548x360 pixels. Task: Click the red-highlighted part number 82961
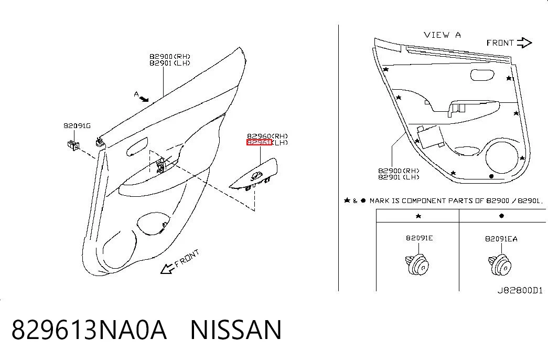click(259, 142)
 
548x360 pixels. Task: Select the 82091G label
click(77, 125)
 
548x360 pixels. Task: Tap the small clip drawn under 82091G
click(73, 144)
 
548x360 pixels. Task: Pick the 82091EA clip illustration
click(500, 265)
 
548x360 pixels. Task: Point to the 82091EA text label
click(501, 239)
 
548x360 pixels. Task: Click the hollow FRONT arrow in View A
click(524, 43)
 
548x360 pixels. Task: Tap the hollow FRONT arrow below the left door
click(167, 269)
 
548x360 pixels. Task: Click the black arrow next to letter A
click(144, 99)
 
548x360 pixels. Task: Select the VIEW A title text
click(442, 35)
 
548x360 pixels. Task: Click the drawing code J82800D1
click(520, 290)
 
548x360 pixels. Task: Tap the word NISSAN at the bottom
click(236, 330)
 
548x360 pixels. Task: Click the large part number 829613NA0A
click(89, 330)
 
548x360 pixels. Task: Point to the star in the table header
click(418, 216)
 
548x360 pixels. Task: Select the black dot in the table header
click(501, 216)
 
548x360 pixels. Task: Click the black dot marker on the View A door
click(491, 176)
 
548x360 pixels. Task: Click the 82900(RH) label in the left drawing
click(170, 56)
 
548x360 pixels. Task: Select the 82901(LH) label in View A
click(399, 177)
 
